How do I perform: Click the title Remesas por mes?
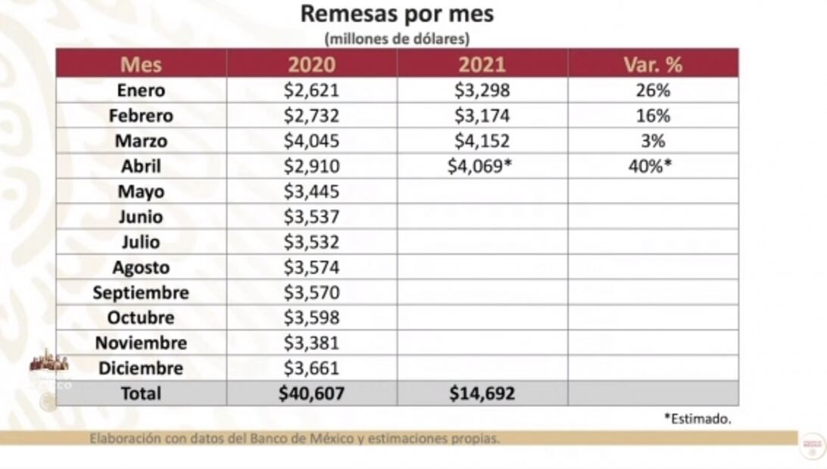397,14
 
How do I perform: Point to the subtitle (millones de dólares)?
397,38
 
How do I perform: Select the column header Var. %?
653,64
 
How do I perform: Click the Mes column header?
141,64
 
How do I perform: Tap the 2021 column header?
482,64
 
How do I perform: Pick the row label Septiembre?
141,293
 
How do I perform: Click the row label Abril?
141,166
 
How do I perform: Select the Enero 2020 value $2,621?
311,91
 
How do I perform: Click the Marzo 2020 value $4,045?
311,141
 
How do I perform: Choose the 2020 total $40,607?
311,393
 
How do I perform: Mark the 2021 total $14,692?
482,393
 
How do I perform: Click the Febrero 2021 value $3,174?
482,116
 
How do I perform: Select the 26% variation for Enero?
653,91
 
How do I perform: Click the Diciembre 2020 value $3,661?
311,368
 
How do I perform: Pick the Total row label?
141,393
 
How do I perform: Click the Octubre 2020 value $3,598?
311,318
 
